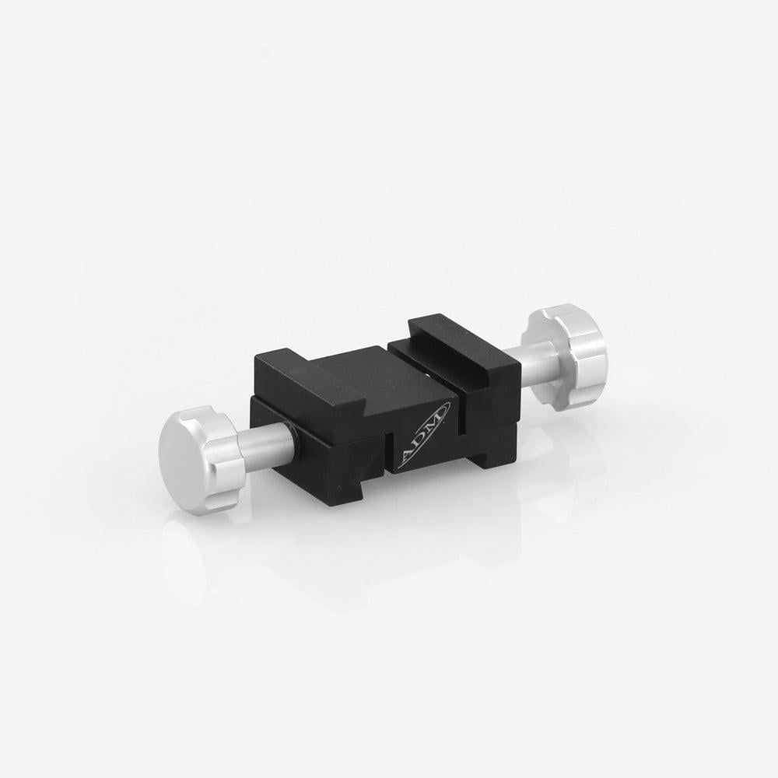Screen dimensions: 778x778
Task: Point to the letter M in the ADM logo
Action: [437, 419]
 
